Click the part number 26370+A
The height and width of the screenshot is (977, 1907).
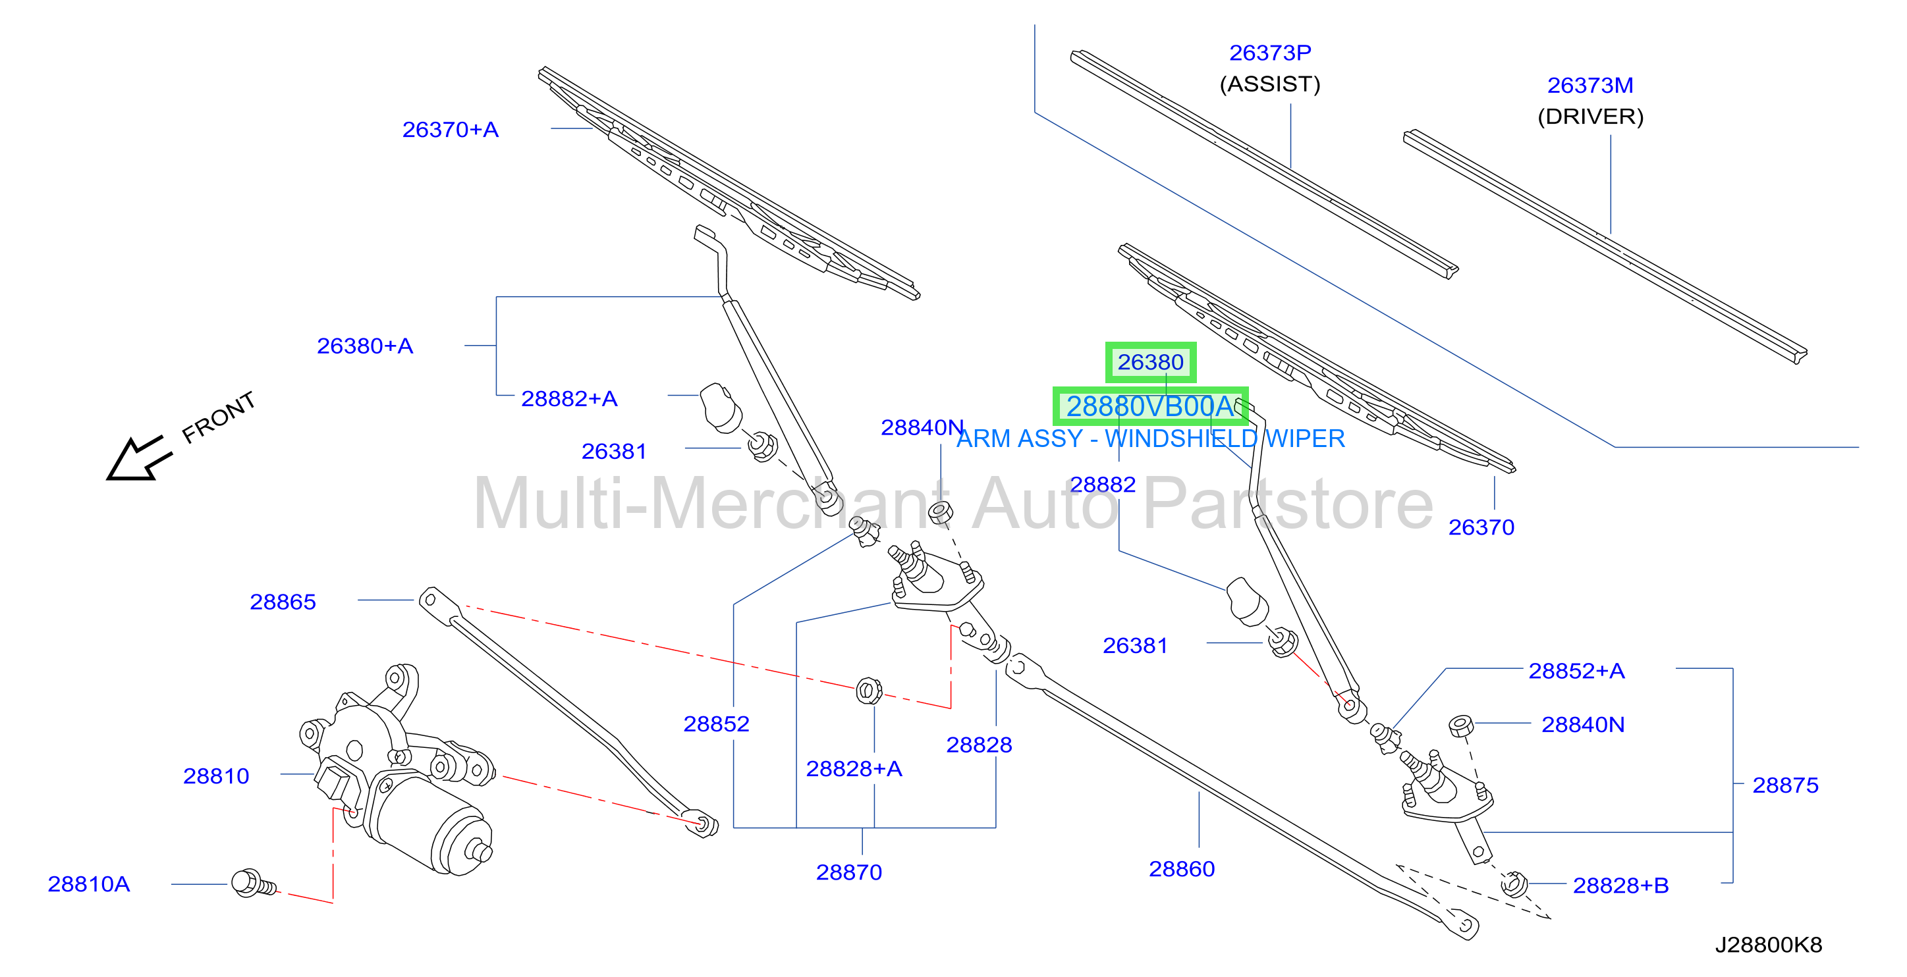(450, 130)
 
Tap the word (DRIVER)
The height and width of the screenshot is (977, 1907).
(1590, 117)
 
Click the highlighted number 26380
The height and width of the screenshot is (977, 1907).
(1150, 362)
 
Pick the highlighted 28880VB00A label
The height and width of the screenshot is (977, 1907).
(1149, 406)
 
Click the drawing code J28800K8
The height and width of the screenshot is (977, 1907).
(1769, 945)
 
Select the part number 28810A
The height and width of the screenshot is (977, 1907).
(89, 884)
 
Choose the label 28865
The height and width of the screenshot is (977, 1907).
(283, 602)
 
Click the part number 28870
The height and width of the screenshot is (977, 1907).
(849, 872)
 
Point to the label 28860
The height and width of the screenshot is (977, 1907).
(1182, 869)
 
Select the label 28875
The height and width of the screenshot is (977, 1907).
(1785, 785)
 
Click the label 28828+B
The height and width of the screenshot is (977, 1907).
(1620, 885)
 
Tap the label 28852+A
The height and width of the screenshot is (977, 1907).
(1576, 671)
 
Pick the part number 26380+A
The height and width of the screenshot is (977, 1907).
(365, 346)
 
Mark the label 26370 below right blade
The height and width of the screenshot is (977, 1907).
(1481, 527)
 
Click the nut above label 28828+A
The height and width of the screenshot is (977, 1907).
(868, 691)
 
